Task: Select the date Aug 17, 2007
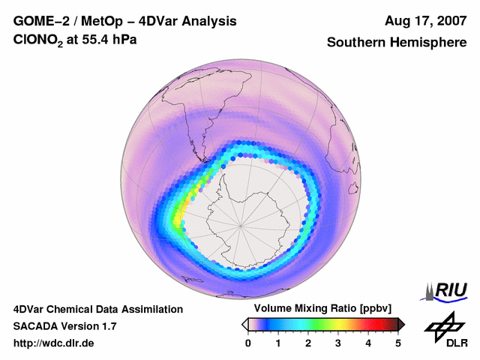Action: pyautogui.click(x=424, y=21)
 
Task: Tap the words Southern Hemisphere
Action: pyautogui.click(x=396, y=43)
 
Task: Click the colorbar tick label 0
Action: pyautogui.click(x=248, y=343)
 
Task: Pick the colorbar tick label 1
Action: pyautogui.click(x=278, y=343)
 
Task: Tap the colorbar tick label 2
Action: pyautogui.click(x=308, y=343)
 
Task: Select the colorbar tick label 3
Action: pyautogui.click(x=338, y=343)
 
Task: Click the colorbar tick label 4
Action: pyautogui.click(x=368, y=343)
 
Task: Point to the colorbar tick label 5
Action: pyautogui.click(x=398, y=343)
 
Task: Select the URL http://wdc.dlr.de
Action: pyautogui.click(x=53, y=343)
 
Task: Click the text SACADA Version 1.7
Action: pyautogui.click(x=64, y=326)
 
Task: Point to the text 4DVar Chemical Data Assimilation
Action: pyautogui.click(x=97, y=309)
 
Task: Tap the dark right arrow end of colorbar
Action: pyautogui.click(x=402, y=324)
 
